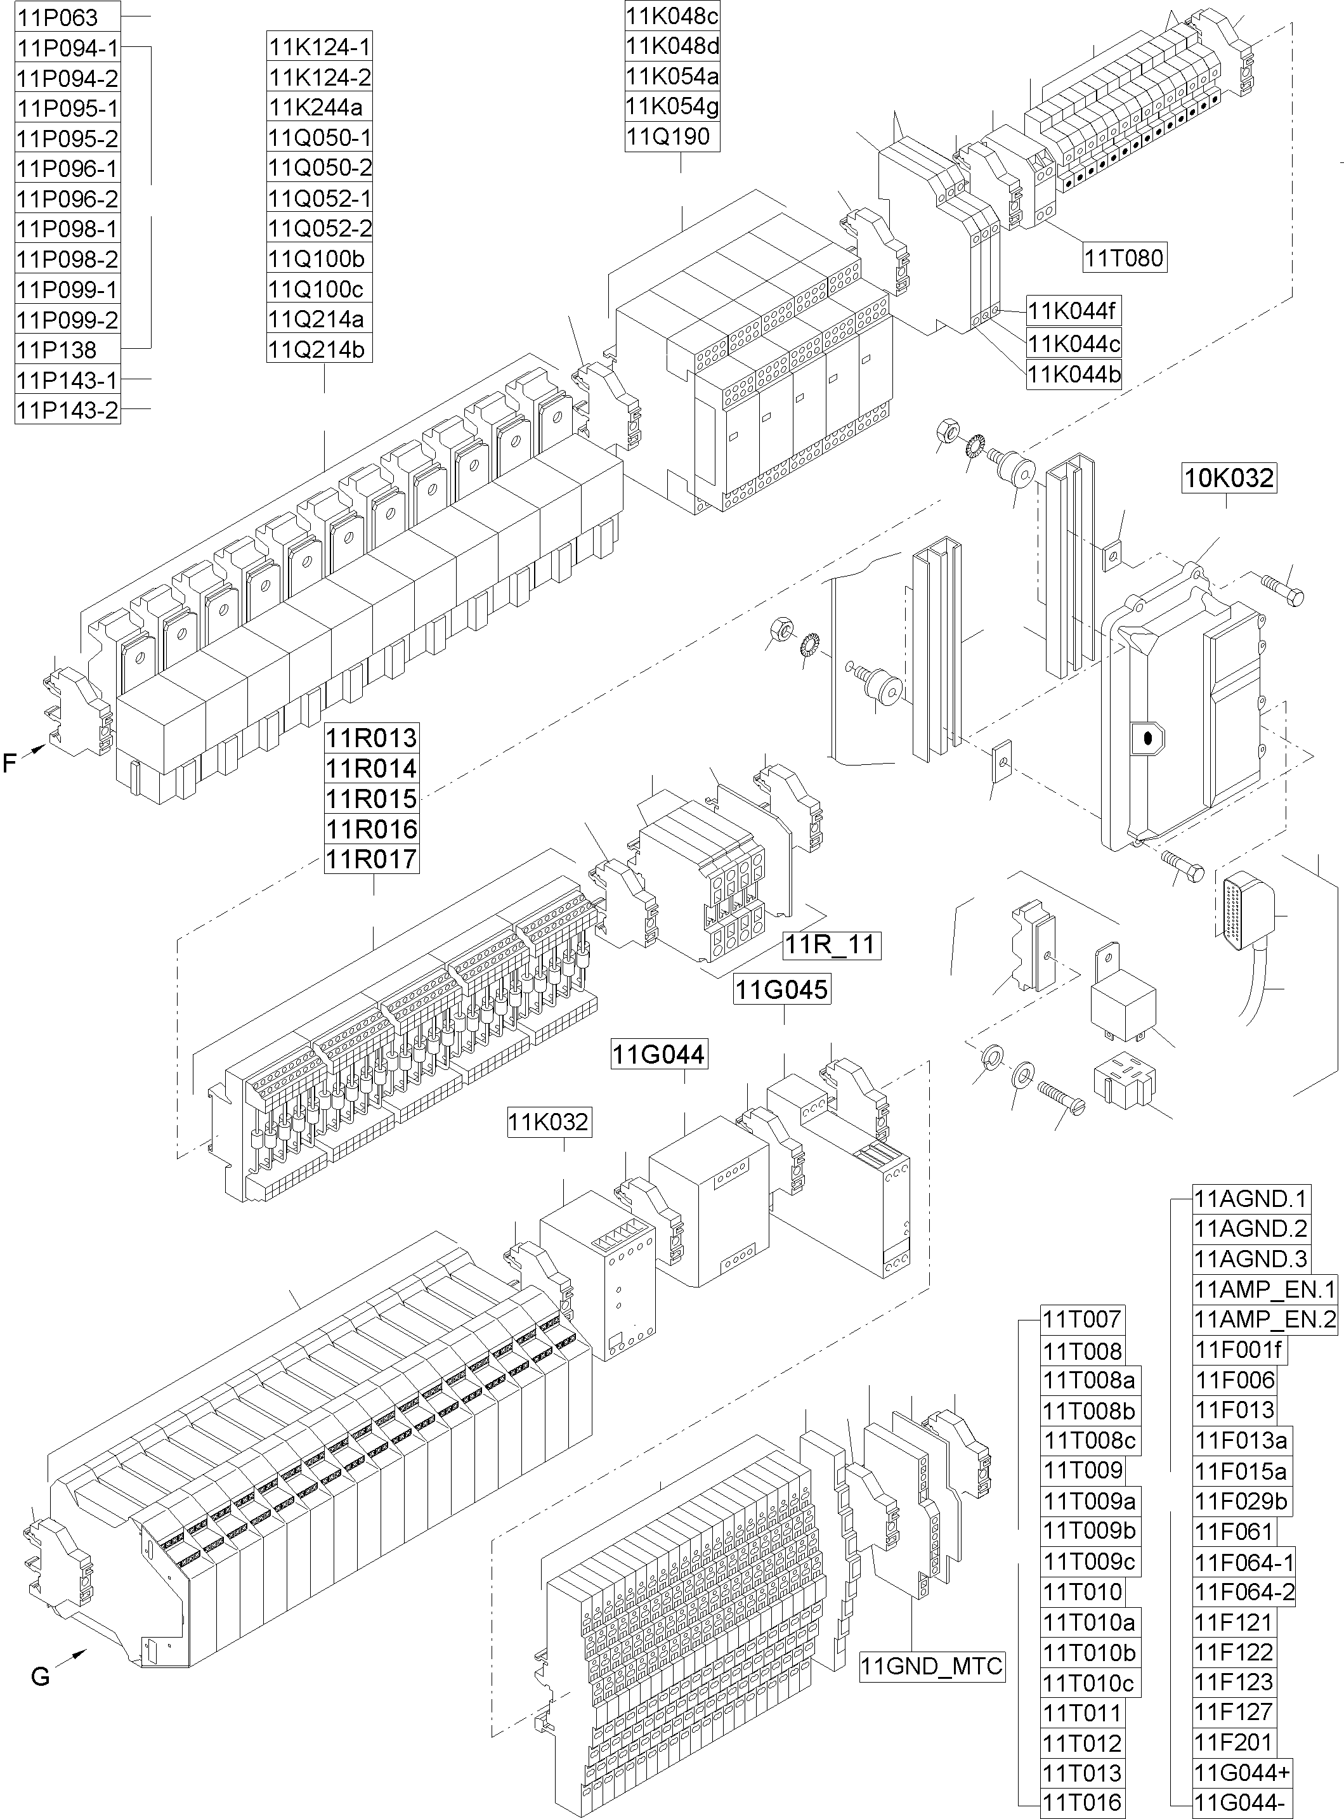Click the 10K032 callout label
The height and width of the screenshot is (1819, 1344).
tap(1229, 478)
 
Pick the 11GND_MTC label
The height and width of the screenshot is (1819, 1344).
tap(932, 1666)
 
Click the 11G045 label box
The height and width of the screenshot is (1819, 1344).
tap(782, 989)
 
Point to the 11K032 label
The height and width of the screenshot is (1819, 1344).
tap(549, 1122)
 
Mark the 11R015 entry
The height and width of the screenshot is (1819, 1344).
tap(372, 798)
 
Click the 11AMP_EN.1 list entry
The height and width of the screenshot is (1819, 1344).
tap(1264, 1289)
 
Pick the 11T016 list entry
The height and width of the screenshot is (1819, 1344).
tap(1082, 1802)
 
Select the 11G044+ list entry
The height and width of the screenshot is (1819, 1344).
tap(1241, 1772)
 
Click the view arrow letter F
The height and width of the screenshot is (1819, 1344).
tap(10, 763)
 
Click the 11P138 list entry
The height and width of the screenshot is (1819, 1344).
tap(58, 350)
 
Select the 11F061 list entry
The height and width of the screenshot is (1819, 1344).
tap(1234, 1532)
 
